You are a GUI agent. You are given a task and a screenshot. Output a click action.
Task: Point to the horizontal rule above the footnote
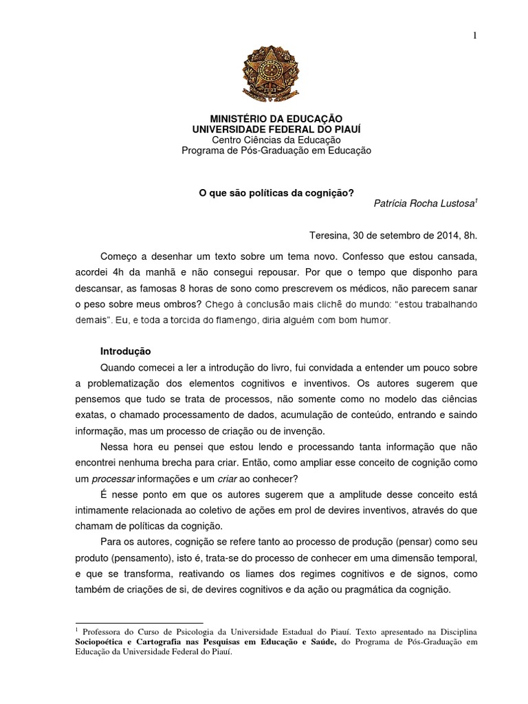click(137, 622)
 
